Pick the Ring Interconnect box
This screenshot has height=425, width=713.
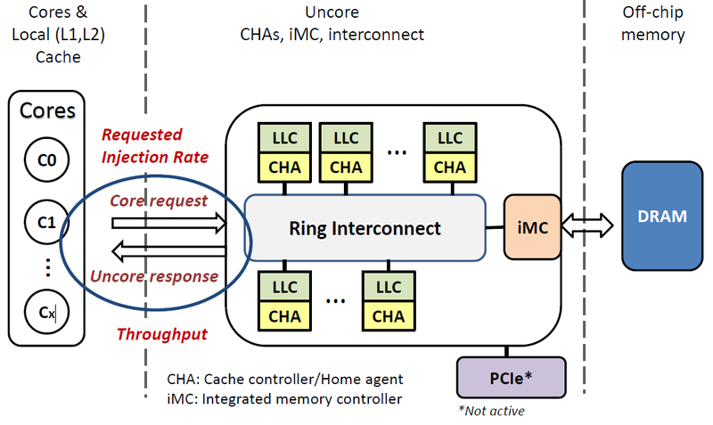[x=365, y=228]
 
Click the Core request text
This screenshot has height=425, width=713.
[x=159, y=200]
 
